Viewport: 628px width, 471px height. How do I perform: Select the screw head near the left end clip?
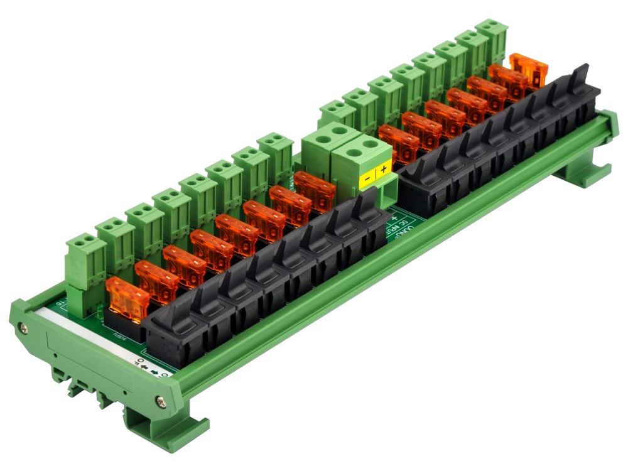(x=23, y=327)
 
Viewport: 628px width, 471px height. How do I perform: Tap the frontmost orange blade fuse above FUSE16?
(x=127, y=298)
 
